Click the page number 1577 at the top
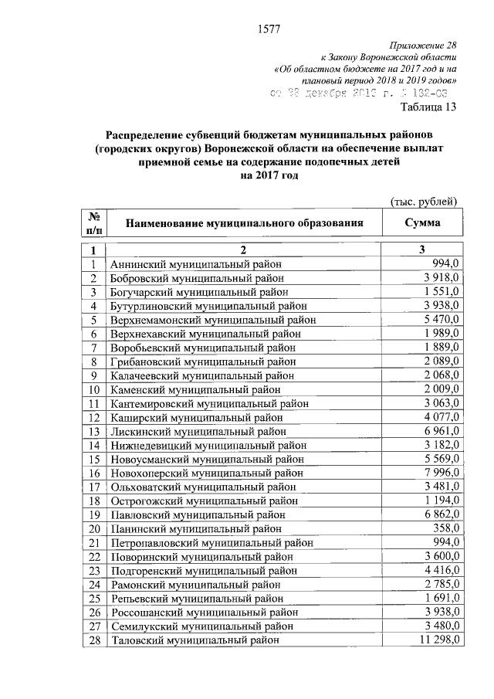[x=267, y=30]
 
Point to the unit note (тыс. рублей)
[x=425, y=202]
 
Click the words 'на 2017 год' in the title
[x=267, y=175]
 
